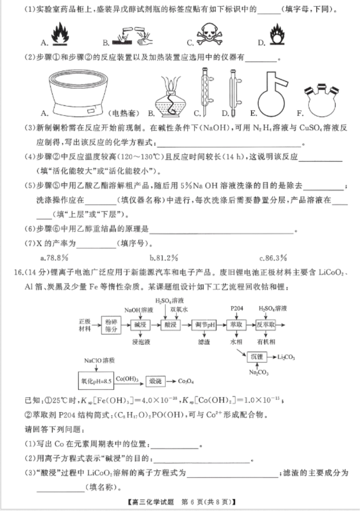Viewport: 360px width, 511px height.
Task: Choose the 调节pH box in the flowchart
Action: pyautogui.click(x=204, y=324)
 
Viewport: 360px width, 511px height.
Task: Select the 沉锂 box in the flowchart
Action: pyautogui.click(x=256, y=357)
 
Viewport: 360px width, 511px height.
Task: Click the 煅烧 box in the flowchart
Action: pyautogui.click(x=156, y=382)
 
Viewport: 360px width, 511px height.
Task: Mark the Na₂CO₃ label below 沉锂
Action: pyautogui.click(x=256, y=373)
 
